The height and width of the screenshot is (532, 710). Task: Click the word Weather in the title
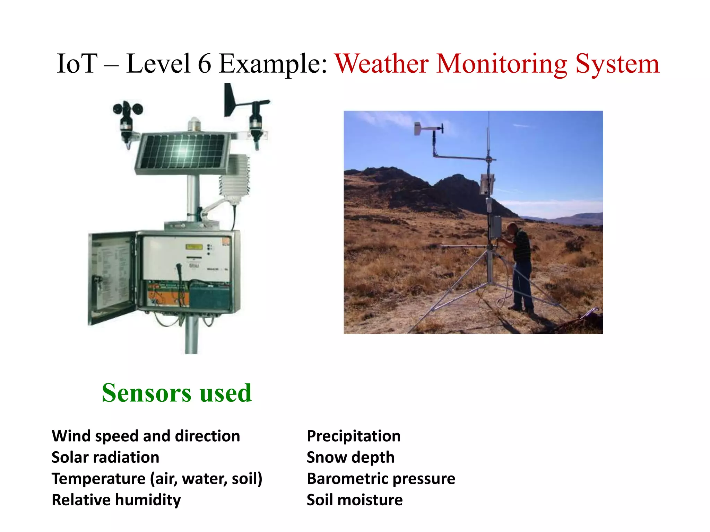(x=381, y=64)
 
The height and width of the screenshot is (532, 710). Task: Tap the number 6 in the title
(x=205, y=64)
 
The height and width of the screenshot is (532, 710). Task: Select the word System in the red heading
(x=617, y=64)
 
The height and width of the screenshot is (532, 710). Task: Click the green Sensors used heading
(x=176, y=393)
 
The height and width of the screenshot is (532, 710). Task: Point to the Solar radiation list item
(x=105, y=457)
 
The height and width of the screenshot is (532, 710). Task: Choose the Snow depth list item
(x=350, y=457)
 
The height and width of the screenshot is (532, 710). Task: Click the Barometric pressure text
(x=381, y=479)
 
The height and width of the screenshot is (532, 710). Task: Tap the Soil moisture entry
(x=355, y=500)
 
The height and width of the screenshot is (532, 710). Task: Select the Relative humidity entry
(x=116, y=500)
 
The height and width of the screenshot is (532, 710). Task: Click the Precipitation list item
(x=354, y=436)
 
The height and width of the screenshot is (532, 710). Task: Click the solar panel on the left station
(x=182, y=152)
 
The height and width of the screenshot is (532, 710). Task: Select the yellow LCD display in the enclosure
(x=194, y=247)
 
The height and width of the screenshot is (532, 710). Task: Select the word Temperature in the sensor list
(x=98, y=479)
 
